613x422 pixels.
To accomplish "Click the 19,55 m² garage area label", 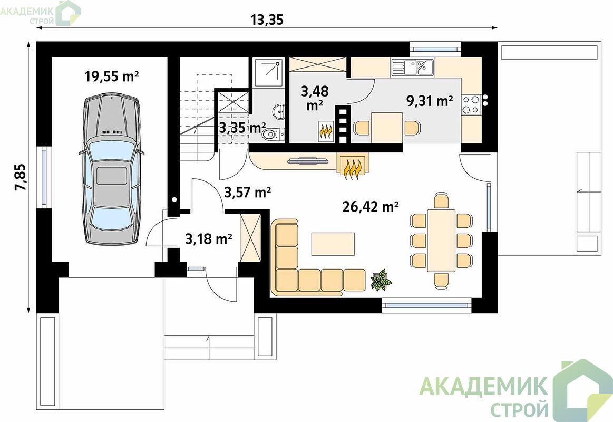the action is point(112,76).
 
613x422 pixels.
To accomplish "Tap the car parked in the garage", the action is point(111,168).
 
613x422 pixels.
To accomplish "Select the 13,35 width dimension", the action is point(267,20).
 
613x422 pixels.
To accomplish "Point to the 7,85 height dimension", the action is point(20,177).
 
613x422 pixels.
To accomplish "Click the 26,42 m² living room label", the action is point(371,206).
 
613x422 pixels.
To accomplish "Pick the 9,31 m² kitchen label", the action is point(430,101).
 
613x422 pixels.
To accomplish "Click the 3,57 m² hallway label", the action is point(248,192).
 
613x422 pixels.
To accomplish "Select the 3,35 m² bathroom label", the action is point(242,128).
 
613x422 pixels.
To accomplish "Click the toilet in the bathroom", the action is point(274,135).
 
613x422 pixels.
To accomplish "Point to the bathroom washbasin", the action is point(279,111).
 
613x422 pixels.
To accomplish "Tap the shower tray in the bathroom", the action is point(268,73).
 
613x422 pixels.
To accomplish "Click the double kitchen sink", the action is point(412,68).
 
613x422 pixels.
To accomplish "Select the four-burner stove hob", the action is point(471,104).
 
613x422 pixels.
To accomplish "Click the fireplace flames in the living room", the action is point(352,169).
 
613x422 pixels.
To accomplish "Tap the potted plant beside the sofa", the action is point(381,279).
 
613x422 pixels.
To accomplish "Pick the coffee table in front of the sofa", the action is point(333,244).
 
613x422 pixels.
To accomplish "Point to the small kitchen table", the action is point(387,128).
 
